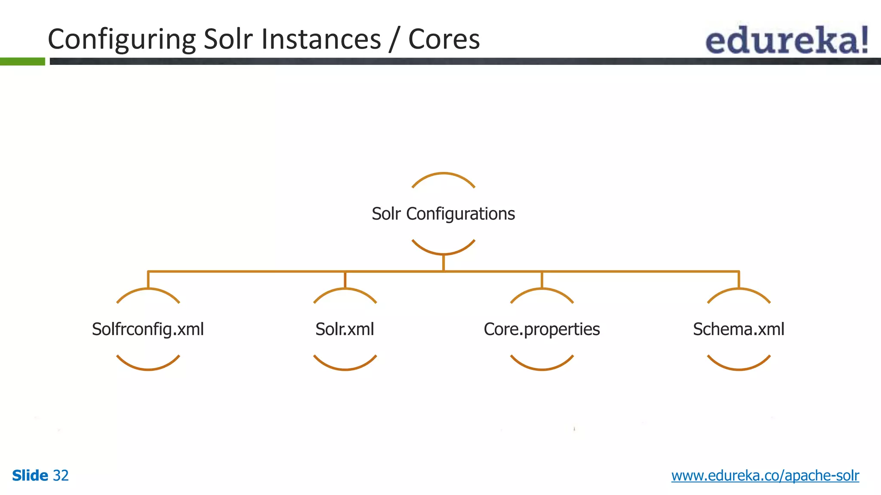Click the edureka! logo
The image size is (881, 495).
[x=787, y=40]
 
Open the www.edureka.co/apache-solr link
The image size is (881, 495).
[x=765, y=476]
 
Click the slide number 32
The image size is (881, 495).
[x=61, y=476]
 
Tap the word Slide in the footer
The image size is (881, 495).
[x=30, y=476]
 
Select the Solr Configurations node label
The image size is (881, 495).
[x=443, y=214]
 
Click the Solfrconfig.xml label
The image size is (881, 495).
[x=148, y=330]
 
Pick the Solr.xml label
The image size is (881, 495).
[x=345, y=330]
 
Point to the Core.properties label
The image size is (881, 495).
[x=542, y=330]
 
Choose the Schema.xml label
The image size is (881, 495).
[x=739, y=330]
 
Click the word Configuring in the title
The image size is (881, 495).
[x=122, y=40]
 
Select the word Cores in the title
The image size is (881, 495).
[x=444, y=40]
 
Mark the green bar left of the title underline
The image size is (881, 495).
[x=22, y=61]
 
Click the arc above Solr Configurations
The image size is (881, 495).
[x=443, y=174]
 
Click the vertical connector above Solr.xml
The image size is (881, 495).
[x=345, y=280]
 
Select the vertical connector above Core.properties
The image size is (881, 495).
[x=542, y=280]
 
